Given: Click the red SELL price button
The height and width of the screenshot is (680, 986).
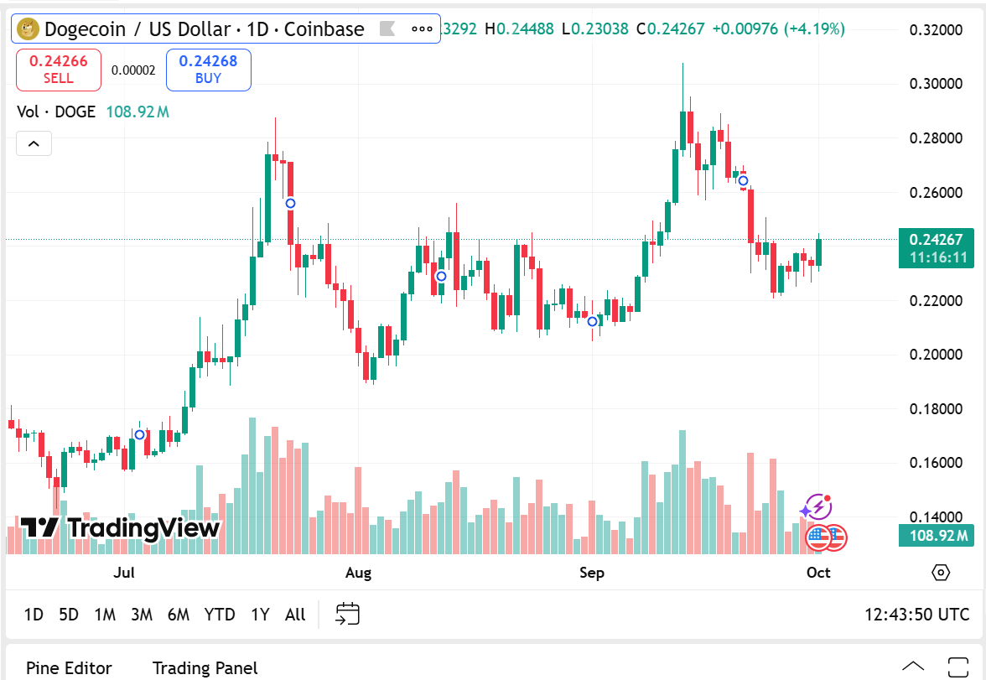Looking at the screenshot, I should [58, 70].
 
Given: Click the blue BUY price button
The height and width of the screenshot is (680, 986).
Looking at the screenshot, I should [208, 70].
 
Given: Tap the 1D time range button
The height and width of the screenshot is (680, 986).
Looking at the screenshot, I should [34, 615].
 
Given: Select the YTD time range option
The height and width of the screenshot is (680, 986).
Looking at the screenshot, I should [220, 615].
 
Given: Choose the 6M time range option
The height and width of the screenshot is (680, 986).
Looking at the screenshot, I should [179, 615].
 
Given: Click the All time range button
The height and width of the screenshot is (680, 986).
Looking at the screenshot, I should [295, 615].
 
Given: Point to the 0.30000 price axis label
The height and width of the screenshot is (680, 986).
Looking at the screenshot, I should [935, 84].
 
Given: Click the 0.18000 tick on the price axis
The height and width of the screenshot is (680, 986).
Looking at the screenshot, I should [935, 409].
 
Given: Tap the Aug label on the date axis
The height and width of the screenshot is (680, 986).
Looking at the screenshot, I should [358, 573].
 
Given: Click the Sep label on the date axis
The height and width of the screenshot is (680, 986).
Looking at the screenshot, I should [592, 573].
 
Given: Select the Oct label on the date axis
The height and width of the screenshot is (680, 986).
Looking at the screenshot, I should [818, 573].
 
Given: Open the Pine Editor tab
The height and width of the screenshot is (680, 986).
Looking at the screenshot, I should [69, 668].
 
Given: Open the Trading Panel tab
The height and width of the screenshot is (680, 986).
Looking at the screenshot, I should [205, 668].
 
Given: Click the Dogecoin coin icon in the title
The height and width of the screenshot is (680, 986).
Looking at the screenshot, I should [28, 29].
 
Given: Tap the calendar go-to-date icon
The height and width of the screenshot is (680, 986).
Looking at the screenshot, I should [347, 614].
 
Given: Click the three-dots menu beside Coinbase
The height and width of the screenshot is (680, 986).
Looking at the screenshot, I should [422, 29].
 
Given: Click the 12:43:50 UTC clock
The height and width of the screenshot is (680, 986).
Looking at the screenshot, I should [916, 615].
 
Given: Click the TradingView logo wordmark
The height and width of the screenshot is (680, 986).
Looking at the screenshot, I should [120, 528].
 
